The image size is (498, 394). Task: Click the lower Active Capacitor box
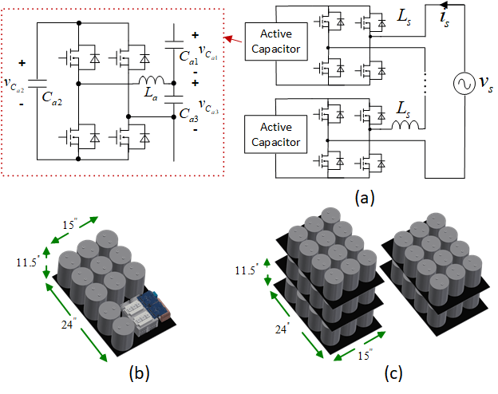click(275, 136)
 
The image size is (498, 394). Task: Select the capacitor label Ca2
click(53, 98)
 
